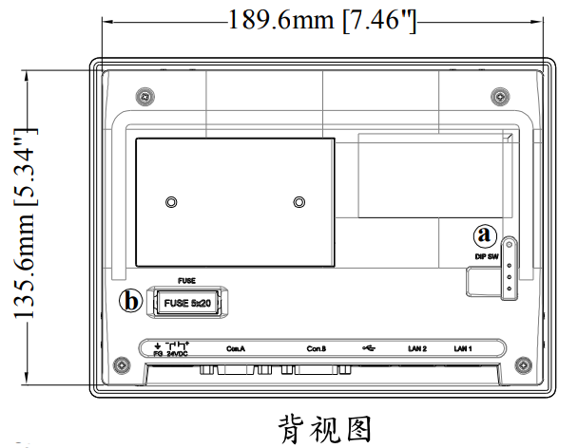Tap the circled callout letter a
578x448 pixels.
click(x=486, y=233)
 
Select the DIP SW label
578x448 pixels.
click(x=486, y=256)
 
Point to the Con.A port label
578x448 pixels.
click(x=236, y=348)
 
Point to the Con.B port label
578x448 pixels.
click(x=317, y=348)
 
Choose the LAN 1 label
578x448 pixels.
click(x=463, y=348)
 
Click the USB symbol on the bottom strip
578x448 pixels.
click(x=369, y=346)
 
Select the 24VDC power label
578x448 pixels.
click(x=178, y=353)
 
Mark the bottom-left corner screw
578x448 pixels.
click(x=122, y=366)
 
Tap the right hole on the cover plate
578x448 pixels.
click(x=300, y=202)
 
